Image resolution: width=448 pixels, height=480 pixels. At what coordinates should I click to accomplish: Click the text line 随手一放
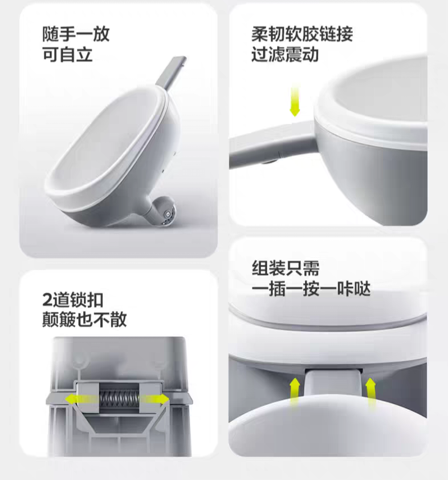(76, 34)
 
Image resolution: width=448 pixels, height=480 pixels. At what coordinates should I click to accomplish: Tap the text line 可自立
(67, 55)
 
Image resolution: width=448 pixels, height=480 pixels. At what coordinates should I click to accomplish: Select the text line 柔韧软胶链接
(302, 34)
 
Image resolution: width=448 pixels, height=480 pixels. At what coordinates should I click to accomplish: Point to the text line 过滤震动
(285, 55)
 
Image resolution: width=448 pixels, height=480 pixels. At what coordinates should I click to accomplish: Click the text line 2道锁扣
(73, 300)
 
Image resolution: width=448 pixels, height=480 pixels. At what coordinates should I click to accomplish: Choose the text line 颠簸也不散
(84, 320)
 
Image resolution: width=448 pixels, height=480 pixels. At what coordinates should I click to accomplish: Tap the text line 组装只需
(286, 268)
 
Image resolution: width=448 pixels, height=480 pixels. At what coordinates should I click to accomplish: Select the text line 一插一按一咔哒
(311, 289)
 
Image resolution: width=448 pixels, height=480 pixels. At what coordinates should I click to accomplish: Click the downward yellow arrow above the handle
(295, 100)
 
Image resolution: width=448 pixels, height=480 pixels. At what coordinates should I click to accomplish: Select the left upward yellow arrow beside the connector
(295, 393)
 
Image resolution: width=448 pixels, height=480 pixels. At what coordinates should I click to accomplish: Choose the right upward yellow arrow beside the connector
(371, 393)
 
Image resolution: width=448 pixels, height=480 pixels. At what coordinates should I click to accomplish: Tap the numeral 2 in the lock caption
(47, 300)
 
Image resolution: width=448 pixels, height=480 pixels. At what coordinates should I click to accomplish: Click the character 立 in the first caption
(84, 55)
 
